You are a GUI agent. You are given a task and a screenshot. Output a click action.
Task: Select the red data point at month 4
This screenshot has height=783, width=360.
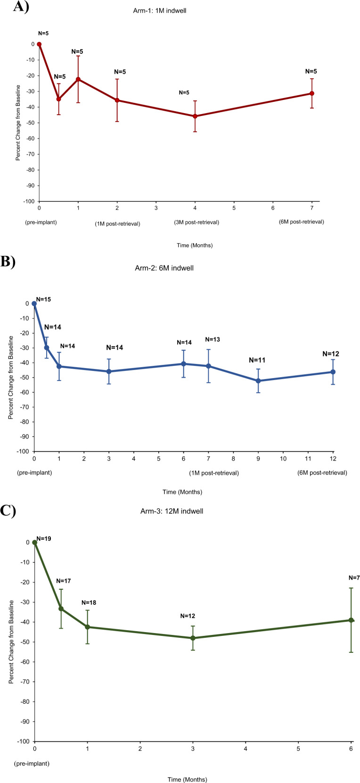[x=195, y=116]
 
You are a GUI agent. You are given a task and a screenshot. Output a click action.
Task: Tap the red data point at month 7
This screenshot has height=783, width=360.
[x=312, y=93]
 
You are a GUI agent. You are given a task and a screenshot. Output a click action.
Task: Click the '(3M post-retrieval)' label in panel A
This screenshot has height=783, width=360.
[x=196, y=222]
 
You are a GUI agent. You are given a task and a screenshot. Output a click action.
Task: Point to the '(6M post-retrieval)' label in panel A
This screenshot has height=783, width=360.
[x=302, y=222]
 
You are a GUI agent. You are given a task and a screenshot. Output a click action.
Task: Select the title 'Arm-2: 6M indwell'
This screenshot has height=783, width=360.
[x=164, y=268]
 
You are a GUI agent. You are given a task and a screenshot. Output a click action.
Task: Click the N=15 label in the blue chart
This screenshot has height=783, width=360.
[x=43, y=299]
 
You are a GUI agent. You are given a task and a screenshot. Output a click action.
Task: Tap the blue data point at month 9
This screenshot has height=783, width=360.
[x=258, y=381]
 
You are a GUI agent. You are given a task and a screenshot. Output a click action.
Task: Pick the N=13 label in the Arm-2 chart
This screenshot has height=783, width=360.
[x=213, y=339]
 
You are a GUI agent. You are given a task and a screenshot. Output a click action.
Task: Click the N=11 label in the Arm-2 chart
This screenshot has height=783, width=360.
[x=257, y=360]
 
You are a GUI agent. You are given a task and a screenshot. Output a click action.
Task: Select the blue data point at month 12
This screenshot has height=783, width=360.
[x=333, y=372]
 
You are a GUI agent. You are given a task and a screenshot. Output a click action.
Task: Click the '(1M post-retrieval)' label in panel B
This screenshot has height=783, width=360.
[x=214, y=473]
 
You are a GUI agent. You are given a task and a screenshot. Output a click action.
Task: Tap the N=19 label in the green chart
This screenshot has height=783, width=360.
[x=44, y=538]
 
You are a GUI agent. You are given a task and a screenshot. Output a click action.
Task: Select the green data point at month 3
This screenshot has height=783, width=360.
[x=193, y=638]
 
